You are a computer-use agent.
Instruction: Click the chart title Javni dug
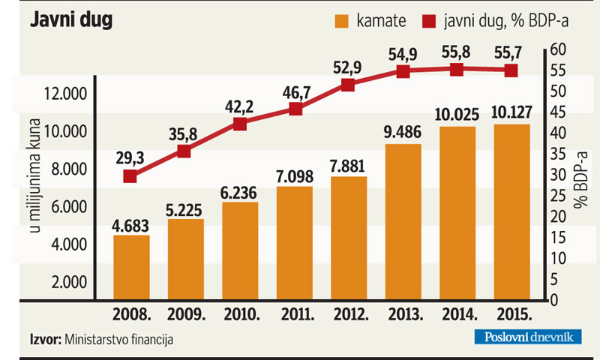coord(70,21)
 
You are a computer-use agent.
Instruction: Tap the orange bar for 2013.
coord(403,221)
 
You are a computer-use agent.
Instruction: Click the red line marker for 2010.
coord(240,124)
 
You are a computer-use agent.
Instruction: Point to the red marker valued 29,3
coord(130,176)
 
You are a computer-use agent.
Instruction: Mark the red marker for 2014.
coord(456,69)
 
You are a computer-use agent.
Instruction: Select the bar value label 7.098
coord(294,176)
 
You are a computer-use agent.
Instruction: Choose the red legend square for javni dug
coord(430,21)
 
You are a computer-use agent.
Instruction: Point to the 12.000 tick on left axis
coord(67,94)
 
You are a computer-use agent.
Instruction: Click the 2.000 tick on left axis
coord(70,282)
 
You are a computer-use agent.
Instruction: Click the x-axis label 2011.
coord(294,313)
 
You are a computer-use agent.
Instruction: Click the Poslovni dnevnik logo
coord(526,337)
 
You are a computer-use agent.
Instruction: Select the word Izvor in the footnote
coord(45,339)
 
